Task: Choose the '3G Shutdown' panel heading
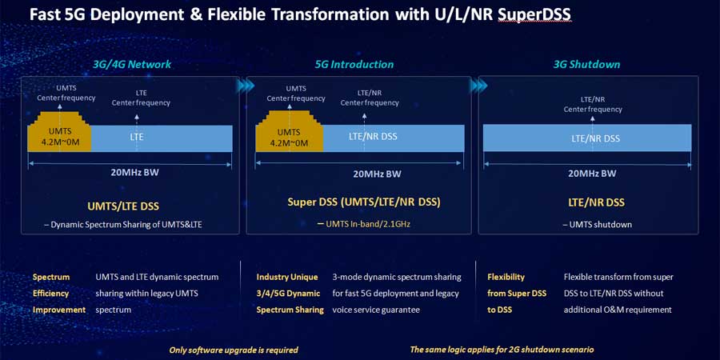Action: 586,64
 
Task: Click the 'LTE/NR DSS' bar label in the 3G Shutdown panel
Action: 595,138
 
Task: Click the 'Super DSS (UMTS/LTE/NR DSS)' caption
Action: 360,203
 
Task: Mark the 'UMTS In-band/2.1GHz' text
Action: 367,224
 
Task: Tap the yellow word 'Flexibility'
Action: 506,277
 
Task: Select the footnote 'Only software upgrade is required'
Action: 234,350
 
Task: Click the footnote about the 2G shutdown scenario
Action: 502,350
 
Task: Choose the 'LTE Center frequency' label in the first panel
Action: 141,98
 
